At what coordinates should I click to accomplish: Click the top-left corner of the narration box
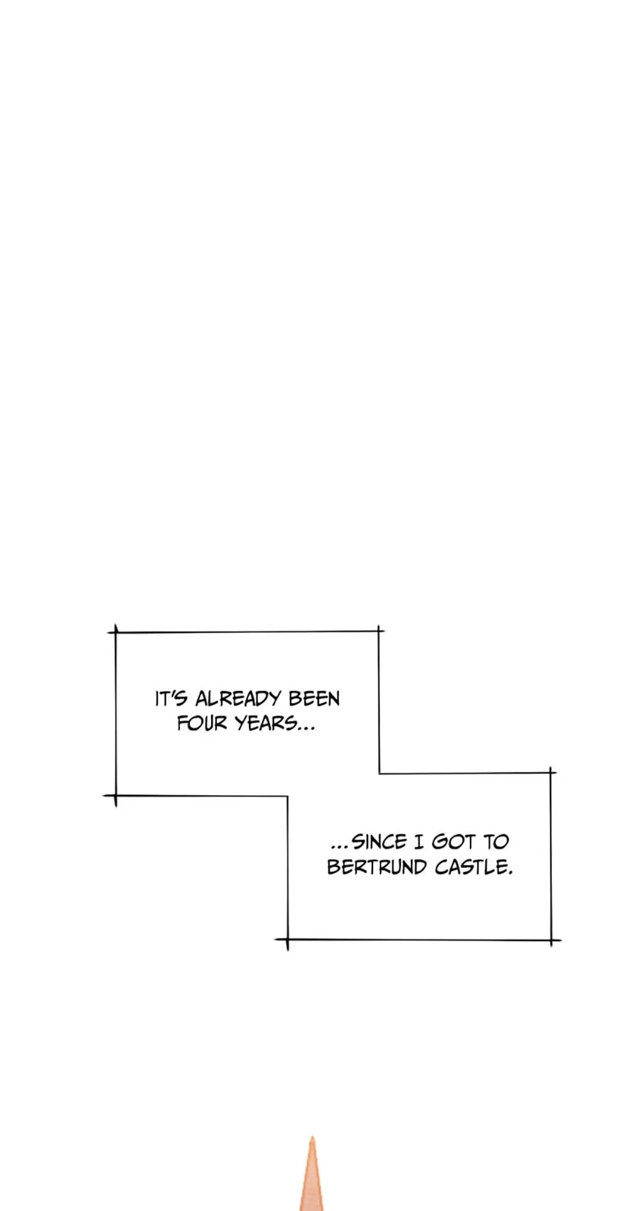[116, 632]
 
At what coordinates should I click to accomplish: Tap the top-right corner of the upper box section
[379, 631]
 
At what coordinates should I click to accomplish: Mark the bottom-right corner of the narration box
[551, 940]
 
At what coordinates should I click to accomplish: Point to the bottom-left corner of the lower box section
[288, 939]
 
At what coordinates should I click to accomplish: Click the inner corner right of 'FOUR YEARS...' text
[379, 773]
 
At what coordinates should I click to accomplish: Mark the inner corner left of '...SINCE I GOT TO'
[288, 796]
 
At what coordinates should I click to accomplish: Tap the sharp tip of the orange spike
[312, 1137]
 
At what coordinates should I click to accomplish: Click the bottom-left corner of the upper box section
[116, 796]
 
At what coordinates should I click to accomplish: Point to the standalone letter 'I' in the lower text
[418, 842]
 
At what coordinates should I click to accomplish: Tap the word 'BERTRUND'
[377, 867]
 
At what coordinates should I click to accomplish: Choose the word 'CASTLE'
[471, 867]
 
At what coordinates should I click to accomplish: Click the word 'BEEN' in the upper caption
[314, 699]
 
